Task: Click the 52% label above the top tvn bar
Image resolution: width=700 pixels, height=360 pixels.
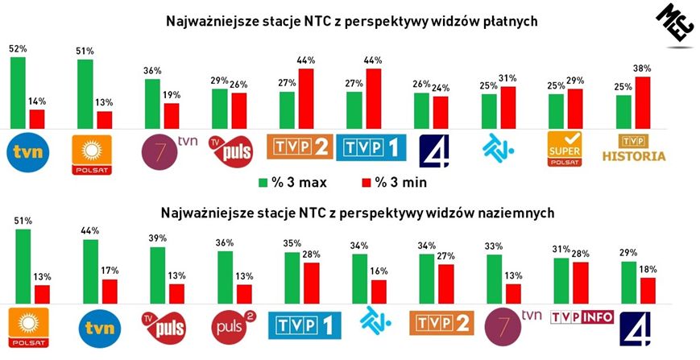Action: [x=17, y=48]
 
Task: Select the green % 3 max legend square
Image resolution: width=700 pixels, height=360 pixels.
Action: [x=263, y=182]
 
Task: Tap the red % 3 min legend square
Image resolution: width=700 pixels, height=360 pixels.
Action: [x=367, y=182]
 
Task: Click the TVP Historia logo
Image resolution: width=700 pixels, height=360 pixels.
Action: [x=635, y=150]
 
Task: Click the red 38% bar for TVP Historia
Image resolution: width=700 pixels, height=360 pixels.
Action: [x=643, y=101]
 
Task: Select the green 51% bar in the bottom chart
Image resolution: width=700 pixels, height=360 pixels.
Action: [x=23, y=265]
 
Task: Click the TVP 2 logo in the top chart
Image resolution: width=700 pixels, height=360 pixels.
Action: [x=299, y=147]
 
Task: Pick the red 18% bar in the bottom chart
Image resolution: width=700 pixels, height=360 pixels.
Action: [x=646, y=289]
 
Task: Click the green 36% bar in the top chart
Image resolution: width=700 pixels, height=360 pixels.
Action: [x=151, y=102]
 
